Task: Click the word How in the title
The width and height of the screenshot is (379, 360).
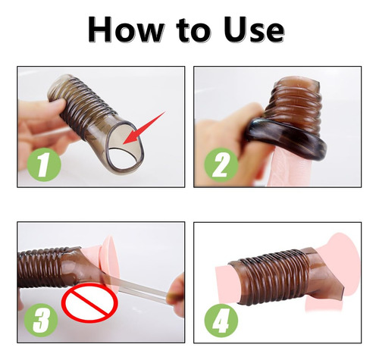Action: tap(125, 29)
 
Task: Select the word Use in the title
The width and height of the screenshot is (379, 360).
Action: tap(254, 29)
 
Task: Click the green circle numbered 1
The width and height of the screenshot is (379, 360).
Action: tap(43, 164)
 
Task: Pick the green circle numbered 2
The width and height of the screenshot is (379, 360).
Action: tap(221, 164)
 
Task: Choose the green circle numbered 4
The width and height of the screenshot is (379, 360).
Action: tap(221, 320)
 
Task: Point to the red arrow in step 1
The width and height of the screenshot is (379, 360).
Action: tap(144, 128)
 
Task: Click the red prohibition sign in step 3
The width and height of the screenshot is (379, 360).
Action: tap(90, 302)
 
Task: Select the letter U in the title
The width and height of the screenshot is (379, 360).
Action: tap(234, 29)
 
